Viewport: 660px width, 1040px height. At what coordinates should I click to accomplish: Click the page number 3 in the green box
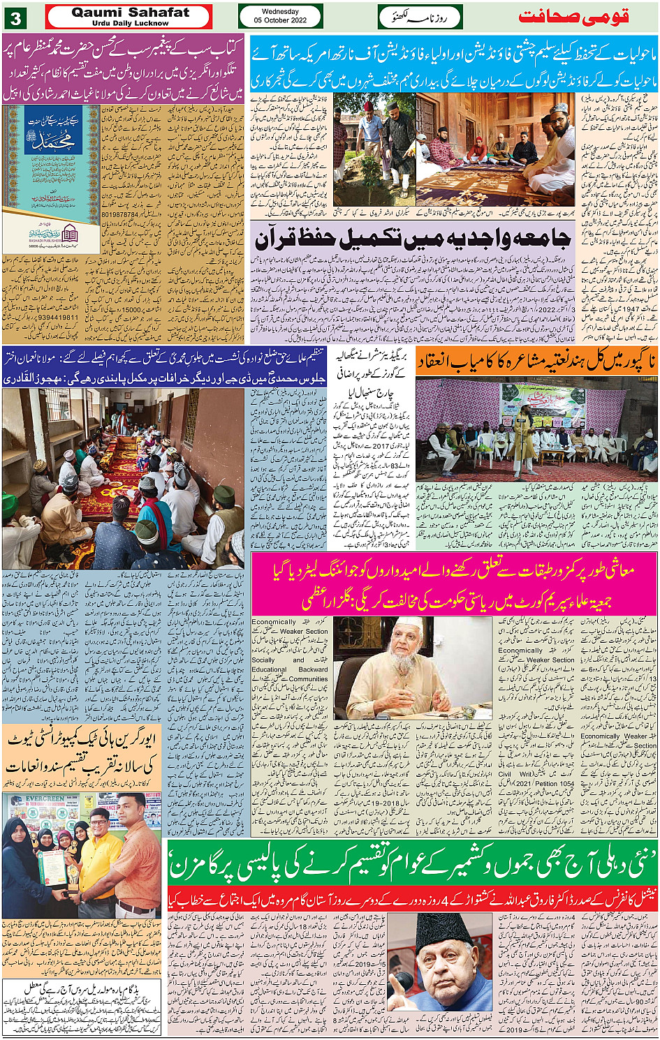pyautogui.click(x=15, y=16)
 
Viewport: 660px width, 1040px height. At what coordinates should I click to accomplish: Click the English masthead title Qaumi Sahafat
pyautogui.click(x=130, y=12)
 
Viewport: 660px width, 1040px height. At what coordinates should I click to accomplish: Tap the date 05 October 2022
pyautogui.click(x=280, y=20)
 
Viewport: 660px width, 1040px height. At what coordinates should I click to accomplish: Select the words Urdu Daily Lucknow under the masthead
pyautogui.click(x=130, y=23)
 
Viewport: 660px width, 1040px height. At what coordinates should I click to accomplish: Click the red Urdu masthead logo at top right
pyautogui.click(x=574, y=17)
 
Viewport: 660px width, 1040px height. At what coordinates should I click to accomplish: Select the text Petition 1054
pyautogui.click(x=555, y=784)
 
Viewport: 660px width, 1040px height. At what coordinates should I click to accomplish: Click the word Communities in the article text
pyautogui.click(x=307, y=678)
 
